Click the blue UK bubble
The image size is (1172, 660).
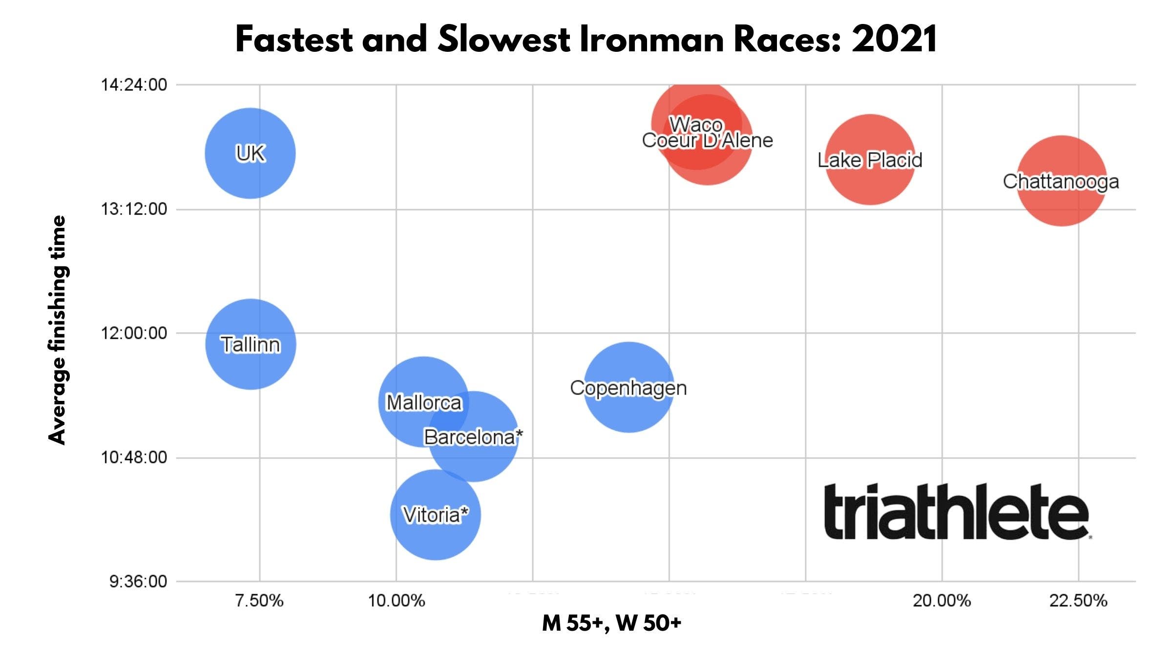coord(250,153)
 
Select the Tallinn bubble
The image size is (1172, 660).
coord(250,344)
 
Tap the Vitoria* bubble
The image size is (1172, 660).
coord(435,515)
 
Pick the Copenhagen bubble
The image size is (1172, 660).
coord(628,387)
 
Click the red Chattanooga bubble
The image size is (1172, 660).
coord(1061,181)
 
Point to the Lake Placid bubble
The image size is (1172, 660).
coord(870,160)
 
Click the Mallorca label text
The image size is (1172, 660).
coord(423,402)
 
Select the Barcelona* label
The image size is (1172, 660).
coord(473,437)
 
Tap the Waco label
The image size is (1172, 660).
coord(695,124)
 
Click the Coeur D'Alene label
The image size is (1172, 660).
coord(707,140)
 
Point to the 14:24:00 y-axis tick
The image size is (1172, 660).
coord(134,85)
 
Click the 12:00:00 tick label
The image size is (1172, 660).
coord(134,333)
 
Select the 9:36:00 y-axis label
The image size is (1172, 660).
coord(138,581)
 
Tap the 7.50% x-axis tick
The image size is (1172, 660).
coord(259,600)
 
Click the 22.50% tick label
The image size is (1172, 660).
coord(1078,600)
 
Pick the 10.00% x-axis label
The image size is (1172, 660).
coord(396,600)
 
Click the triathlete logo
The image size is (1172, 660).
coord(957,512)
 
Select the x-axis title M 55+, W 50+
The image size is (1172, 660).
coord(611,623)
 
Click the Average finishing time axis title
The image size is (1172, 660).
coord(57,330)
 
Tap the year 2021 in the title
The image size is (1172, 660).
coord(895,39)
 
